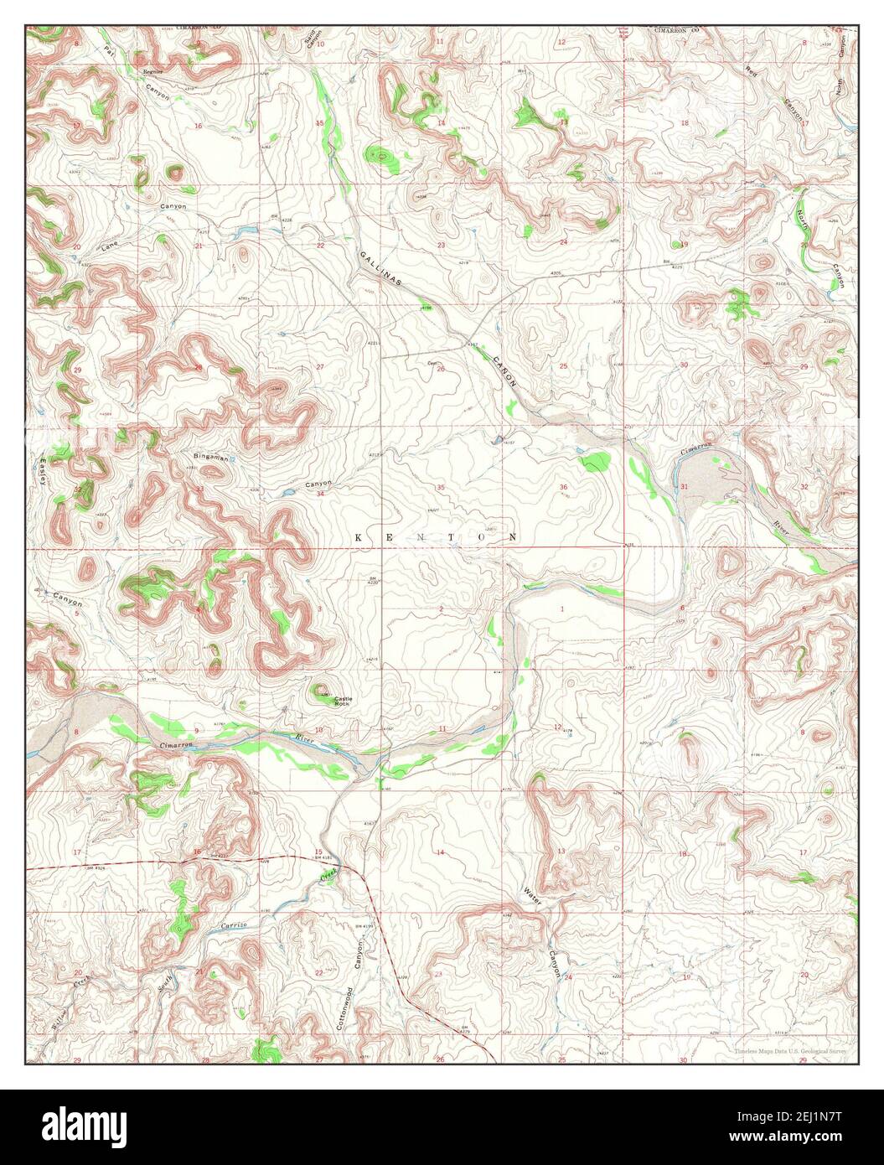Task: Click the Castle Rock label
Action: (343, 701)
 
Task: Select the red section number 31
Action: (685, 487)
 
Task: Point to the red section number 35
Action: (441, 487)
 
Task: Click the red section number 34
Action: (320, 494)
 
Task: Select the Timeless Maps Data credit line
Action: (790, 1051)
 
